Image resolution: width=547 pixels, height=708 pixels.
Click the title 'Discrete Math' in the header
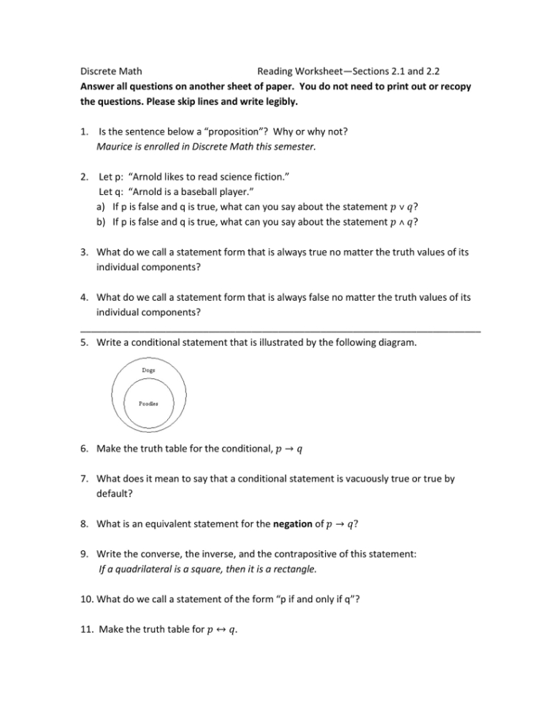pyautogui.click(x=110, y=72)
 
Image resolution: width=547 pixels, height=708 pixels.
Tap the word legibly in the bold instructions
pyautogui.click(x=275, y=101)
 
